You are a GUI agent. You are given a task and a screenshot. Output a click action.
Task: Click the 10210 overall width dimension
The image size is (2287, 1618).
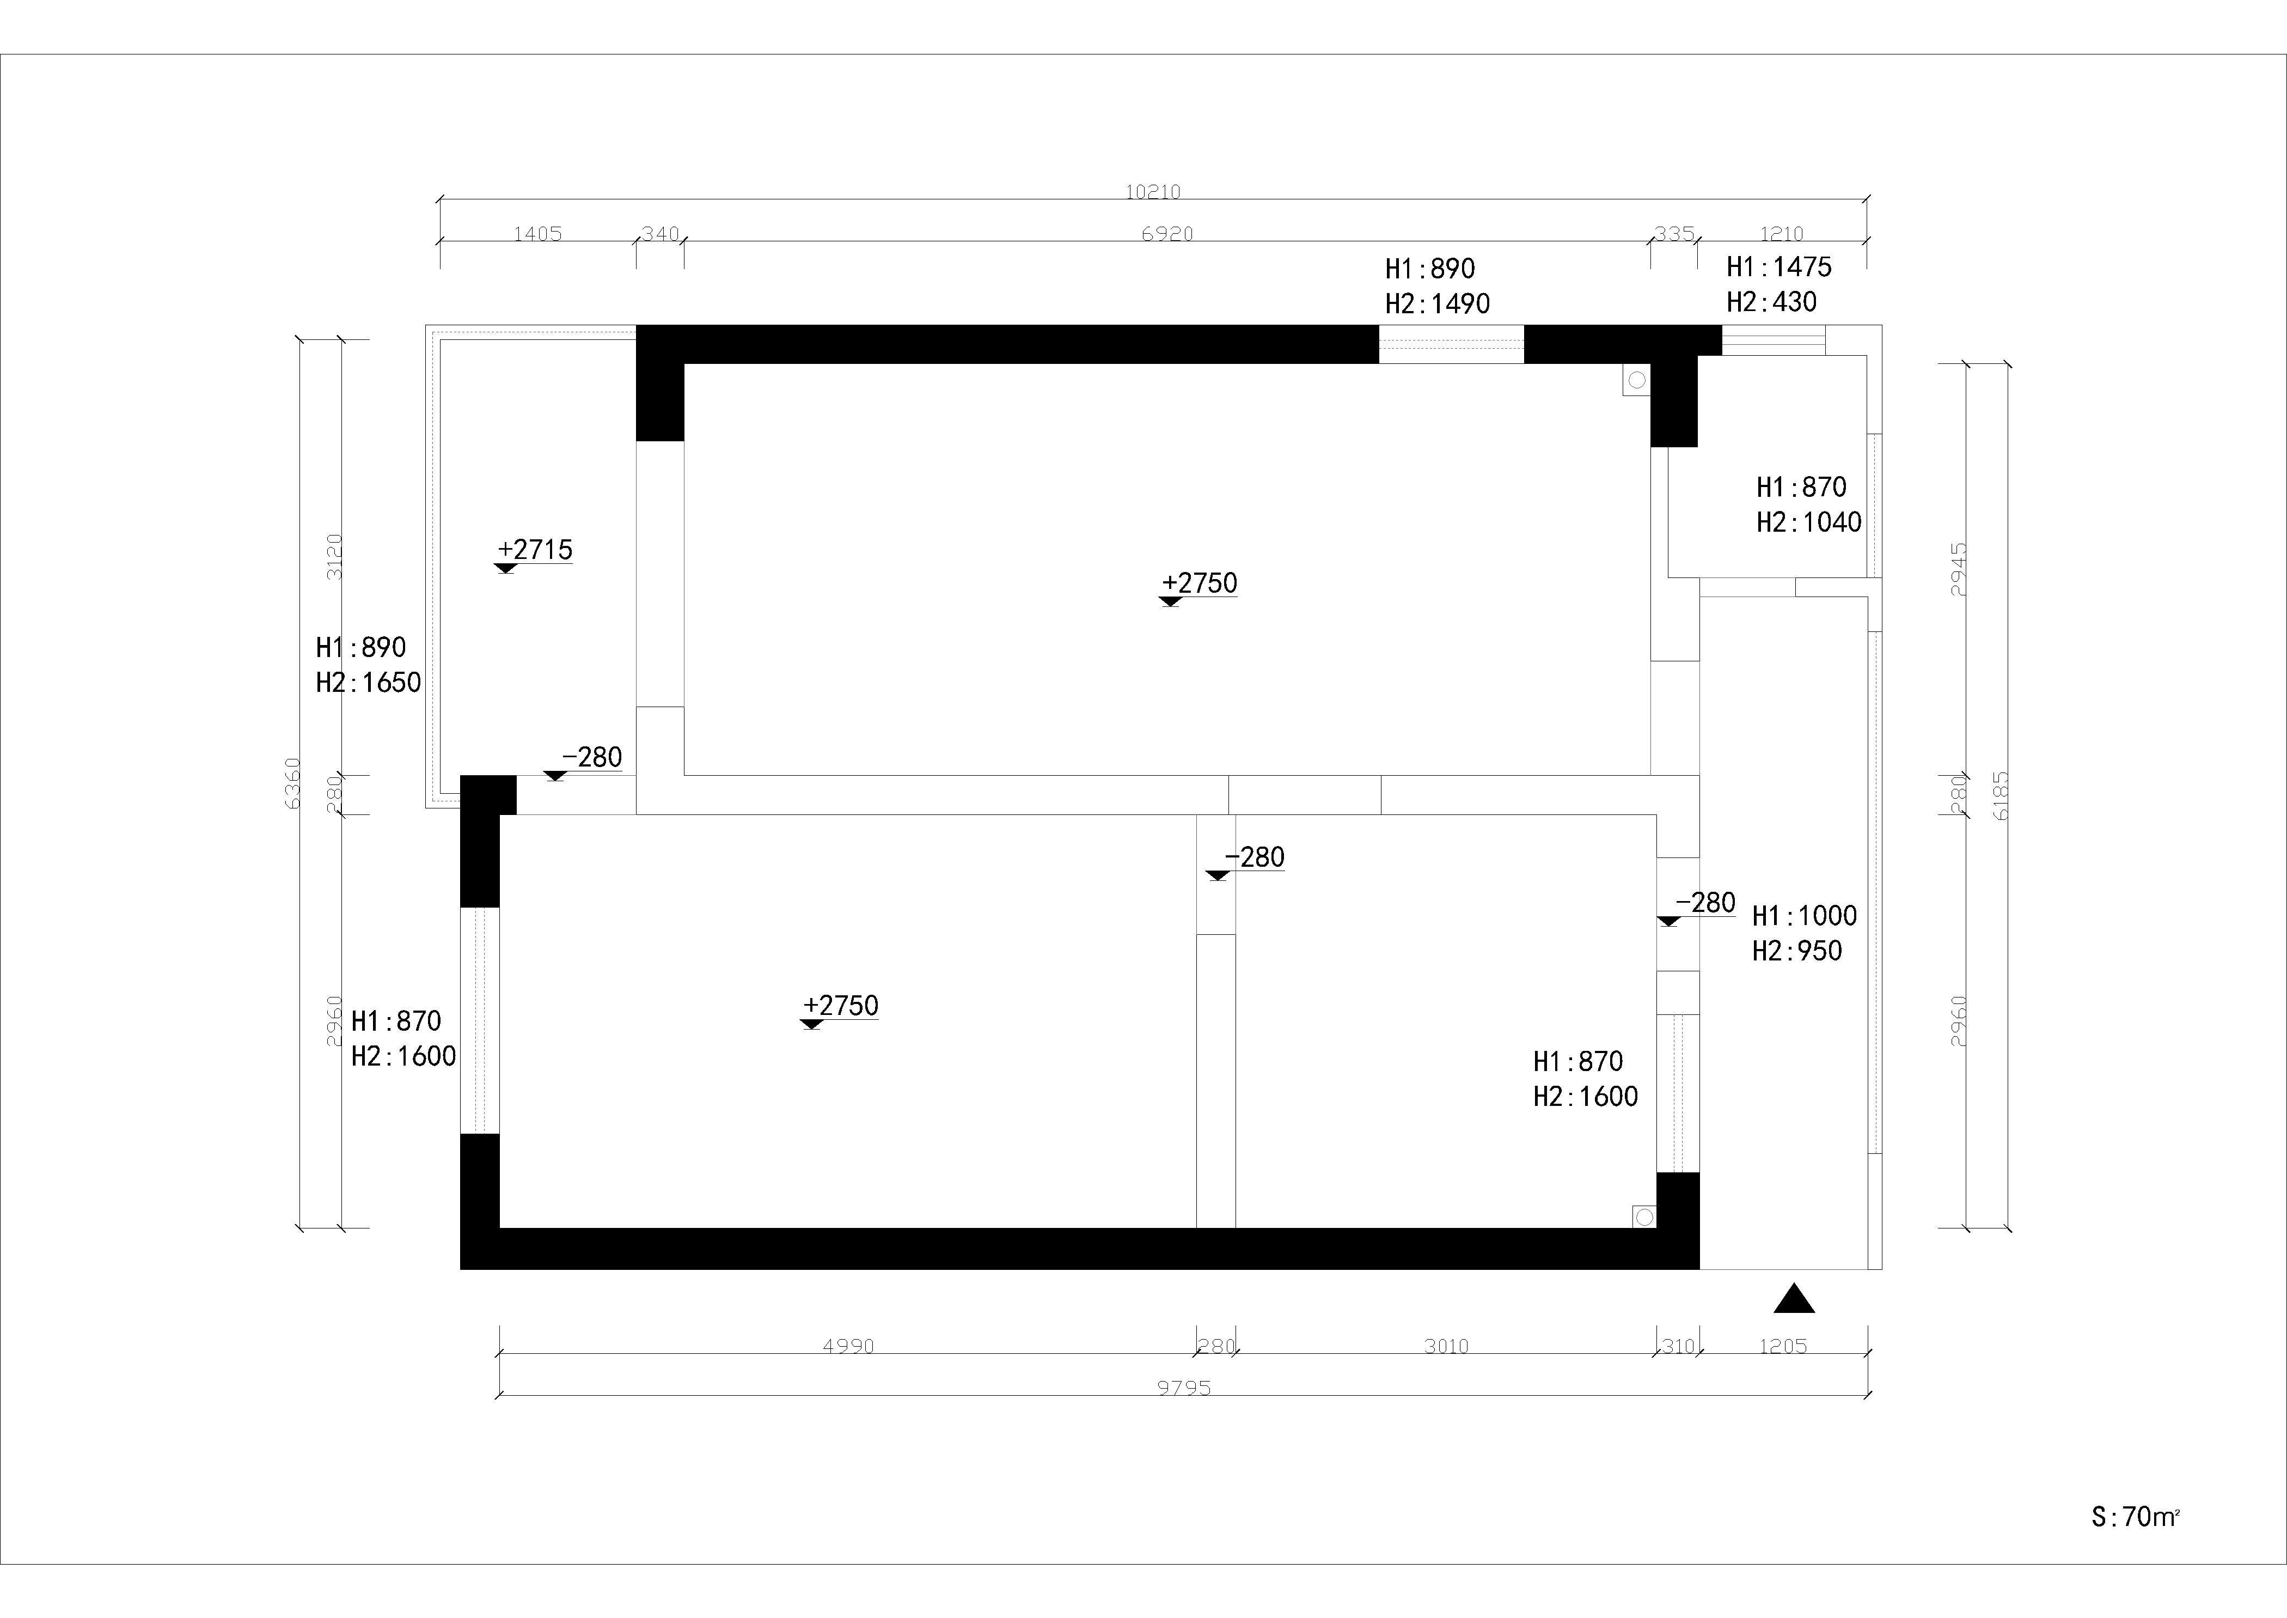(x=1152, y=191)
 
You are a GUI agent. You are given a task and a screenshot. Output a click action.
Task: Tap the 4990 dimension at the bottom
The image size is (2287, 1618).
(x=849, y=1346)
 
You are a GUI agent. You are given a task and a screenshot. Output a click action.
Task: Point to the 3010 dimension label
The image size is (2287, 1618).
(x=1446, y=1346)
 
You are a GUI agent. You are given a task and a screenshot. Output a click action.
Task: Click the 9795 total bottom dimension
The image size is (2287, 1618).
(x=1184, y=1388)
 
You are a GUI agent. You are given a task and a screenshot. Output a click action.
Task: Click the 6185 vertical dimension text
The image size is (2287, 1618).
(x=2002, y=795)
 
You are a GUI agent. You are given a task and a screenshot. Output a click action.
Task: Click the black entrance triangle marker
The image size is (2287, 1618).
(x=1794, y=1298)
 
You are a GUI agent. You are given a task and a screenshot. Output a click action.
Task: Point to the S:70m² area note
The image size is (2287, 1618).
(x=2136, y=1516)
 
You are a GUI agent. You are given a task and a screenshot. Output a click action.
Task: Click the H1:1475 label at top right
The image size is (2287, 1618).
(x=1779, y=267)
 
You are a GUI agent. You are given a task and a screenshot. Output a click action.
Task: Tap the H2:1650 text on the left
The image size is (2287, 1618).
(x=369, y=683)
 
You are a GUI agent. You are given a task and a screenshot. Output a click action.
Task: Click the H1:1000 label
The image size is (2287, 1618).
(x=1805, y=916)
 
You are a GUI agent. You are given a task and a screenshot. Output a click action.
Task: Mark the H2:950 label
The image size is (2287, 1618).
(x=1797, y=951)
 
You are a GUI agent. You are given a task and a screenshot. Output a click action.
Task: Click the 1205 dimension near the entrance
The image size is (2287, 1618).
(x=1783, y=1346)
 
